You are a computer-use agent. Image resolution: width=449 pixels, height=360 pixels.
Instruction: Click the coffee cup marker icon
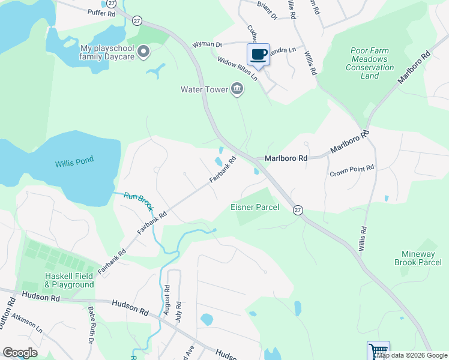pos(258,55)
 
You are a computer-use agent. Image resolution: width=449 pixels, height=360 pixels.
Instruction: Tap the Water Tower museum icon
pos(237,89)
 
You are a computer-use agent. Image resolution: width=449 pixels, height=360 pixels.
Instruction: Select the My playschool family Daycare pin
pos(143,52)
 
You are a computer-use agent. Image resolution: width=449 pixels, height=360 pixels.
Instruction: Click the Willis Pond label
pos(75,163)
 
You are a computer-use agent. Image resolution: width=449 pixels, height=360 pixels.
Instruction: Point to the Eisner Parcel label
pos(255,208)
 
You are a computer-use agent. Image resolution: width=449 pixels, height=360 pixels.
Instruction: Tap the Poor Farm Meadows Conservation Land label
pos(370,64)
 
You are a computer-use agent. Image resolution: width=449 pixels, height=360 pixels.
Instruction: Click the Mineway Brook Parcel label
pos(418,258)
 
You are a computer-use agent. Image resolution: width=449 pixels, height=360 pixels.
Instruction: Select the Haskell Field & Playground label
pos(70,280)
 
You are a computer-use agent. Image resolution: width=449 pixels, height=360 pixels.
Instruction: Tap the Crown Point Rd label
pos(352,170)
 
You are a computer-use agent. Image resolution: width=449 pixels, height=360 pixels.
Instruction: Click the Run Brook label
pos(139,203)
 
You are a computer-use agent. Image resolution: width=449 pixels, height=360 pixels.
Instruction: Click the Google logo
pos(20,352)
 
